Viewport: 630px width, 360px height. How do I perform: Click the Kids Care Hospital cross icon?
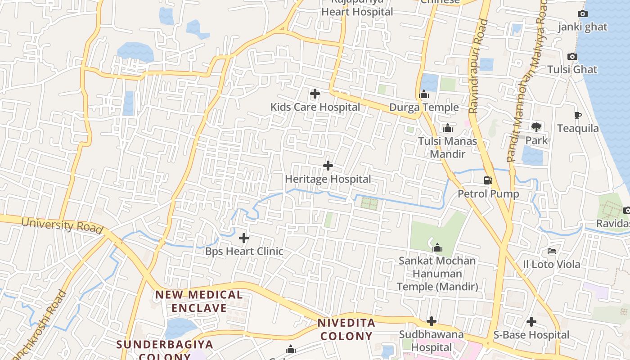(x=315, y=94)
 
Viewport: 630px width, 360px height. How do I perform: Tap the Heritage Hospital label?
(x=328, y=179)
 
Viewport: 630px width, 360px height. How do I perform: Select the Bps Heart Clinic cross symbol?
(x=244, y=238)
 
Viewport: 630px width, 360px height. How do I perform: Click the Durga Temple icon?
(x=424, y=94)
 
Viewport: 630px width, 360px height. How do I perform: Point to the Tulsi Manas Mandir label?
(x=447, y=147)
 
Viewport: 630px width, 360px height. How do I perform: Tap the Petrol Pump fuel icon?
(x=488, y=180)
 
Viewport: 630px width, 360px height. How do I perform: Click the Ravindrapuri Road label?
(x=478, y=66)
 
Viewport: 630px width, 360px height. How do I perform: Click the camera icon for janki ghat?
(x=583, y=14)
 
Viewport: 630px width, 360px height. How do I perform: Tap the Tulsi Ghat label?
(x=572, y=70)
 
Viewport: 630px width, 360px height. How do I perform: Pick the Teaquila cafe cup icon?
(x=578, y=116)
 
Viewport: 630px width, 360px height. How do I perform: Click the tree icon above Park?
(x=536, y=127)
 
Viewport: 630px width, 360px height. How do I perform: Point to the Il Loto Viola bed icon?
(x=552, y=251)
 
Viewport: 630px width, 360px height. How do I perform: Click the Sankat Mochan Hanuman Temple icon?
(x=437, y=247)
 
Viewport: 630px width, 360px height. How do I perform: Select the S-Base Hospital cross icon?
(x=531, y=322)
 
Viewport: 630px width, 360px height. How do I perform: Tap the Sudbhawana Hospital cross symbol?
(x=432, y=321)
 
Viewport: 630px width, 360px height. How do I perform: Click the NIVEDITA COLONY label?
(x=346, y=329)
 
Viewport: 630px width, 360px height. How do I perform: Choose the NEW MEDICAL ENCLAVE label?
(x=199, y=301)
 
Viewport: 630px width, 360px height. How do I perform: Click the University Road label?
(x=62, y=225)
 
